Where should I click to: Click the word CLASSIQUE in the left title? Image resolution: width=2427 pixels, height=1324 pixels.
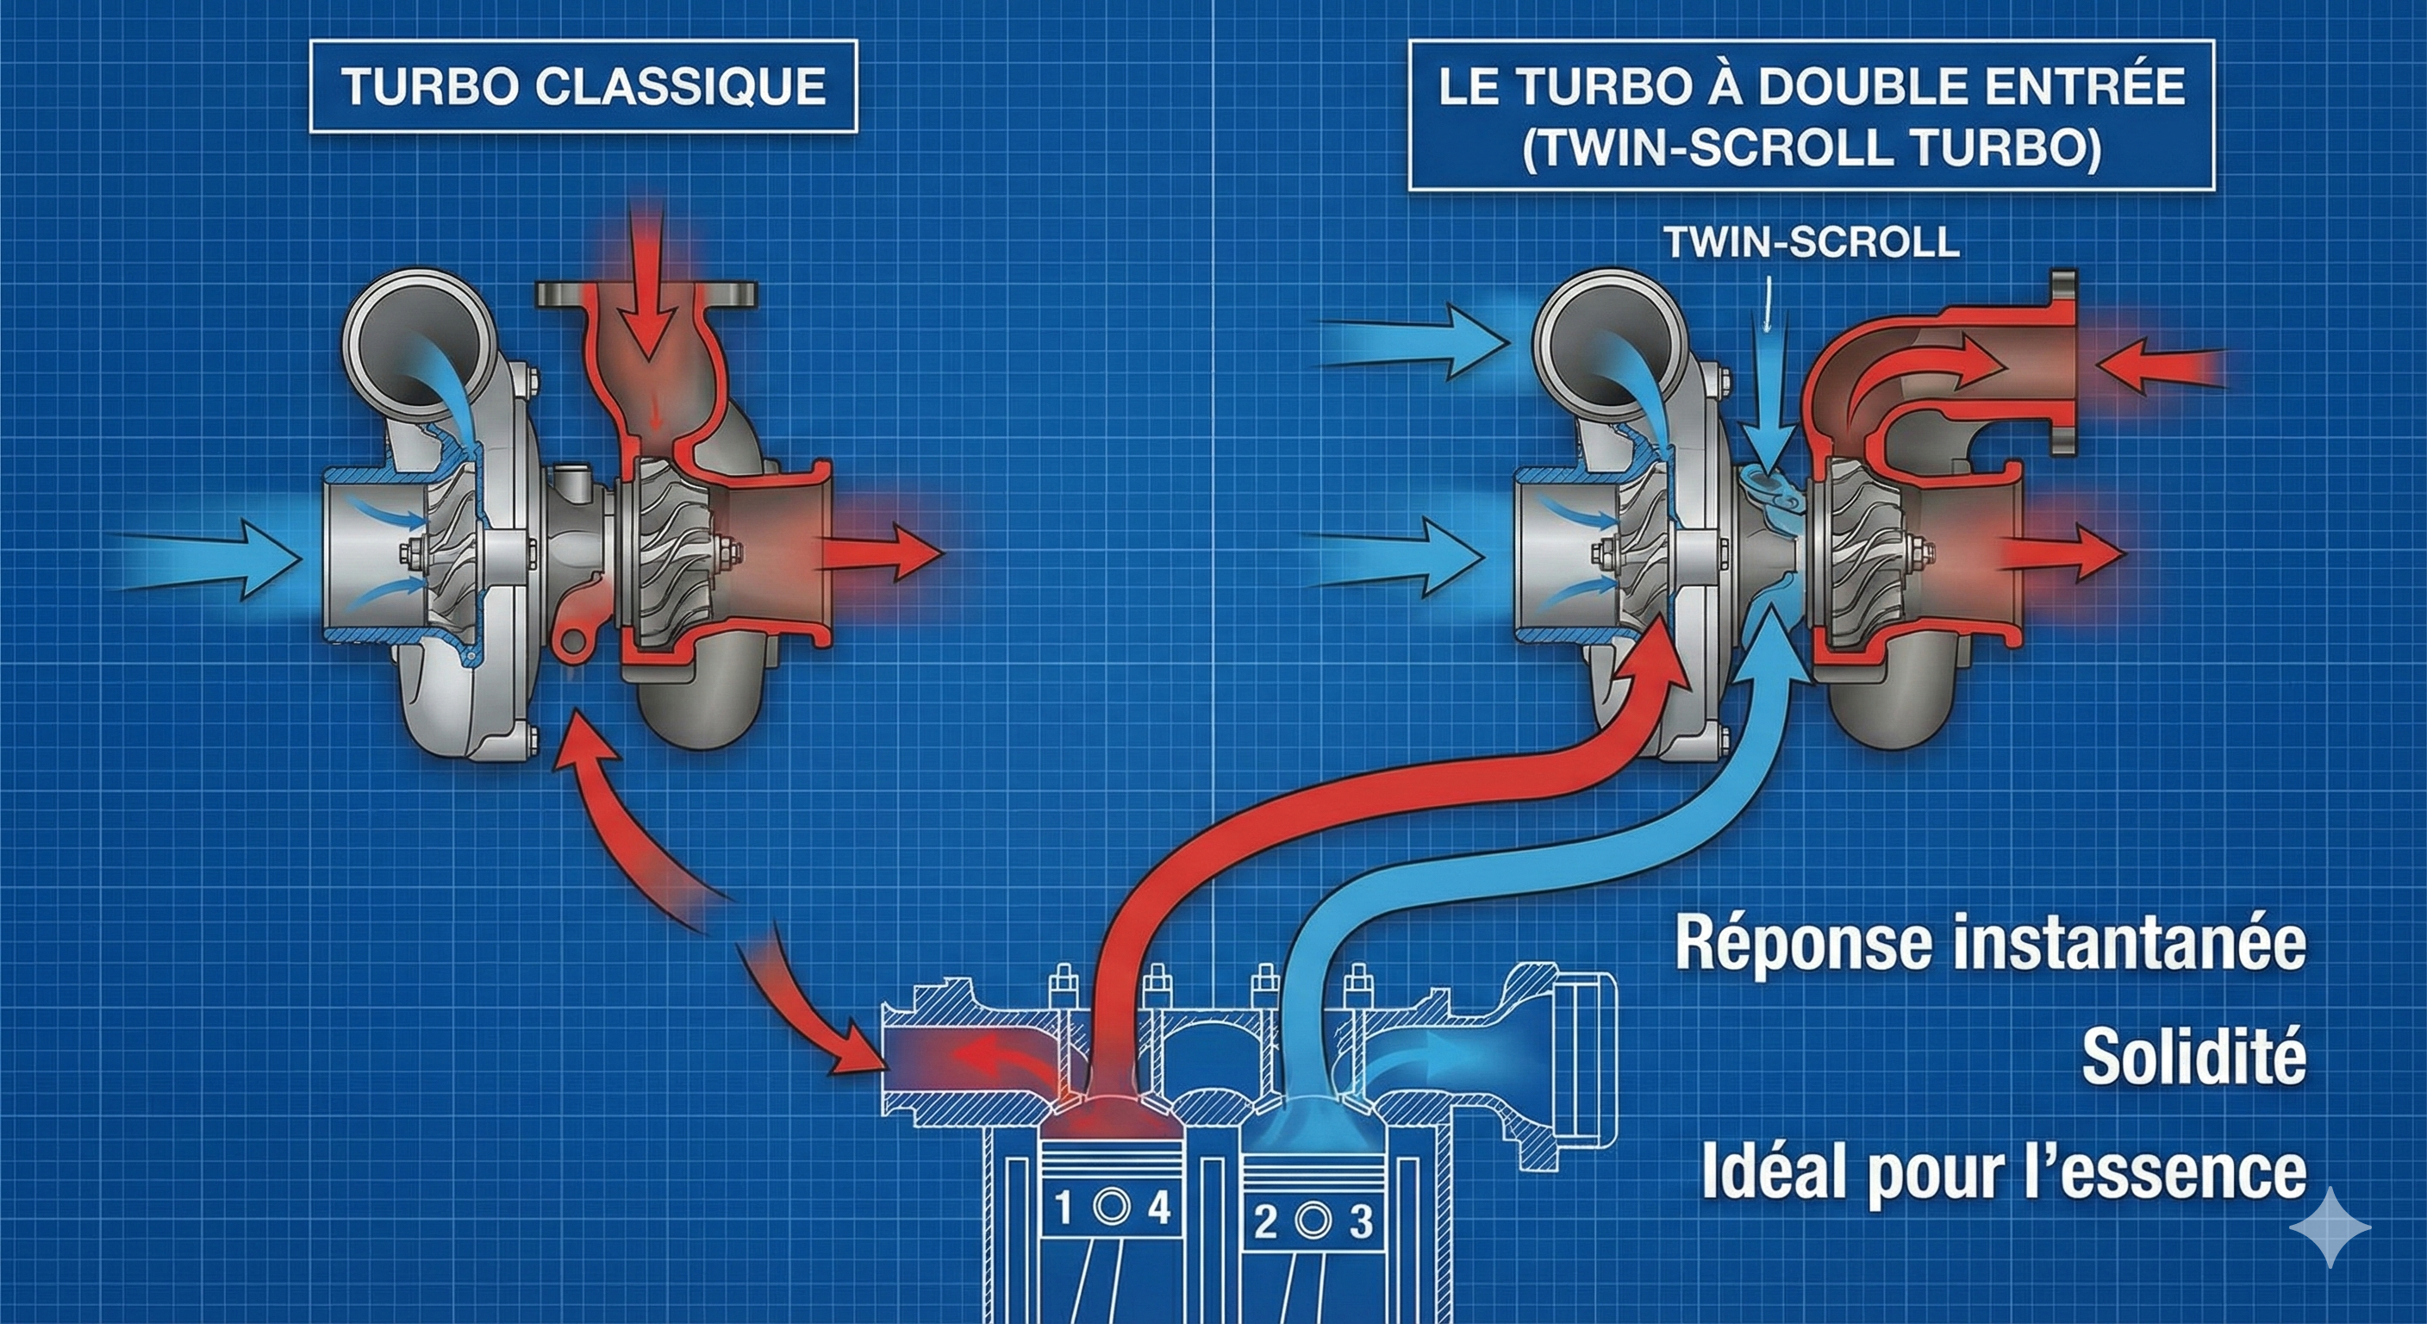tap(680, 87)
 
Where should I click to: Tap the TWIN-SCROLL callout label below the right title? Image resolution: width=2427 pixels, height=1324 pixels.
tap(1811, 242)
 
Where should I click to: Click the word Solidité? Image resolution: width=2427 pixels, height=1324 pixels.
tap(2193, 1058)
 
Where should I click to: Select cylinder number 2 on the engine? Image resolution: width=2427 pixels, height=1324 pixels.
tap(1265, 1222)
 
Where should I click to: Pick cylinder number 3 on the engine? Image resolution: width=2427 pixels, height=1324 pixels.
tap(1361, 1222)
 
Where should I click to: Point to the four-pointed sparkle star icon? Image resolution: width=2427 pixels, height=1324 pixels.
tap(2329, 1227)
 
